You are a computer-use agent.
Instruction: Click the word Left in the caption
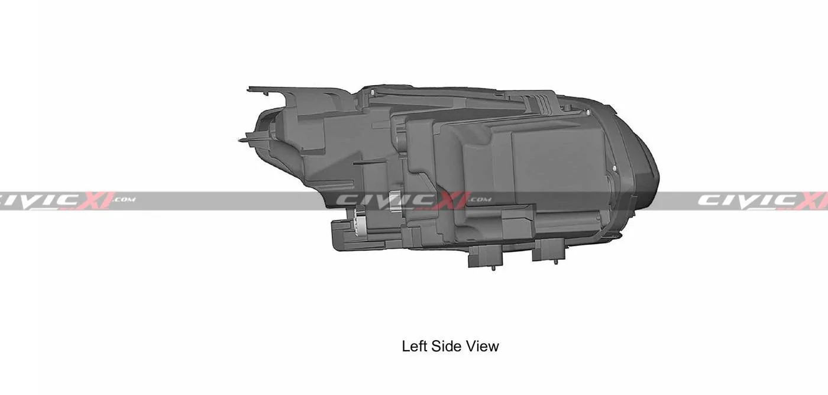415,346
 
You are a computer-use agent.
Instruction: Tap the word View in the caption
483,346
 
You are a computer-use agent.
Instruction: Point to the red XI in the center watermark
451,200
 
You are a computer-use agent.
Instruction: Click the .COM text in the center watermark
480,200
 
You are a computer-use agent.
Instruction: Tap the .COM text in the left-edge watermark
122,200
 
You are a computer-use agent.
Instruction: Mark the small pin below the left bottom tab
493,268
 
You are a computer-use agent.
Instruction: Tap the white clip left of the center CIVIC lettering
395,200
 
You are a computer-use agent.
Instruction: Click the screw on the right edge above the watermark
615,170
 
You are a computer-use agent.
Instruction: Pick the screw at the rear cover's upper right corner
567,108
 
